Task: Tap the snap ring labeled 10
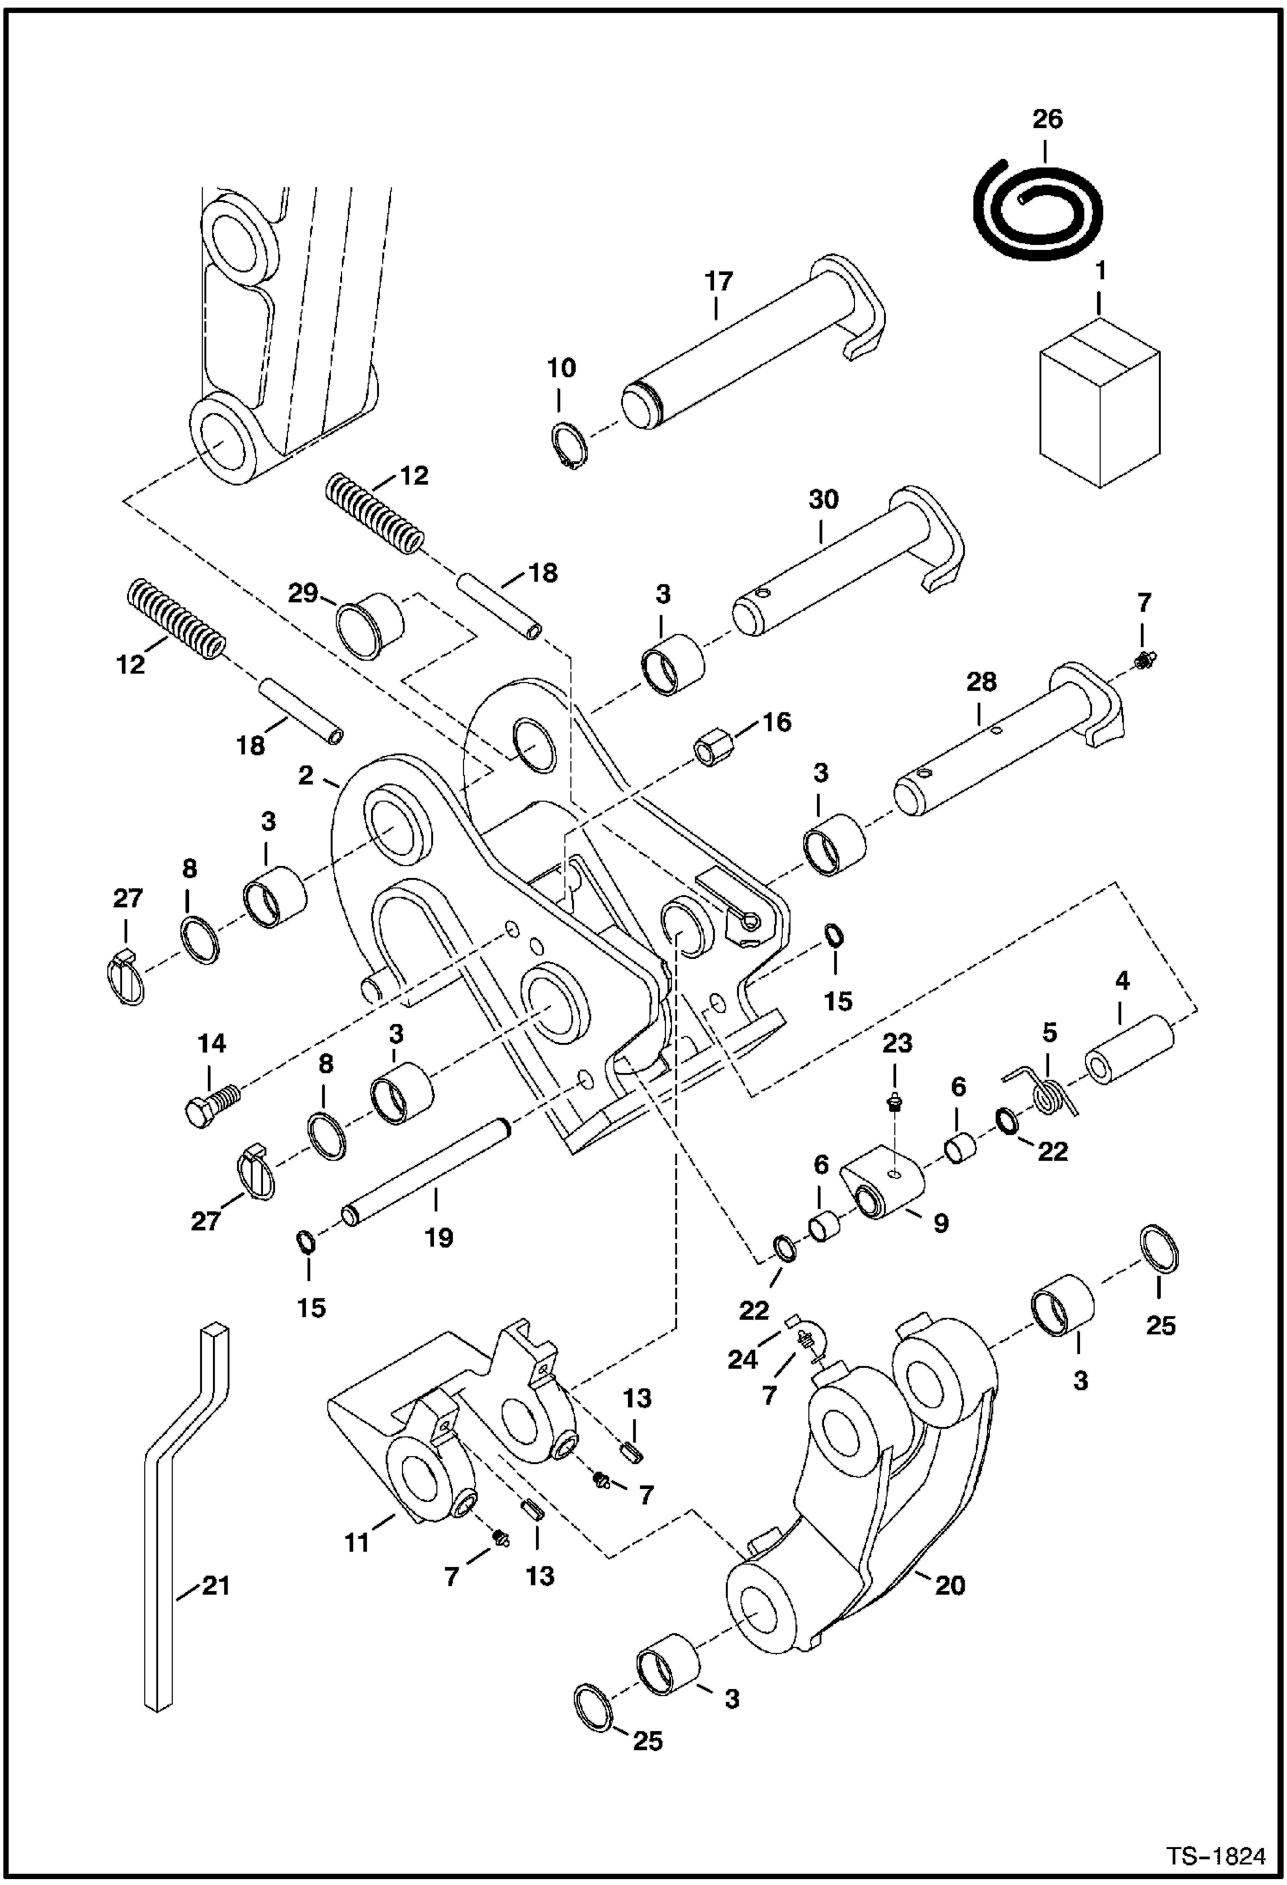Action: [x=566, y=448]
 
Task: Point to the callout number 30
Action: [x=823, y=499]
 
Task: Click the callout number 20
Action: [x=949, y=1584]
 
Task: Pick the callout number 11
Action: [x=357, y=1542]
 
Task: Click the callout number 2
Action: [x=306, y=775]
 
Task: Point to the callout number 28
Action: [x=980, y=681]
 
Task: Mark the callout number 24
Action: [x=742, y=1359]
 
